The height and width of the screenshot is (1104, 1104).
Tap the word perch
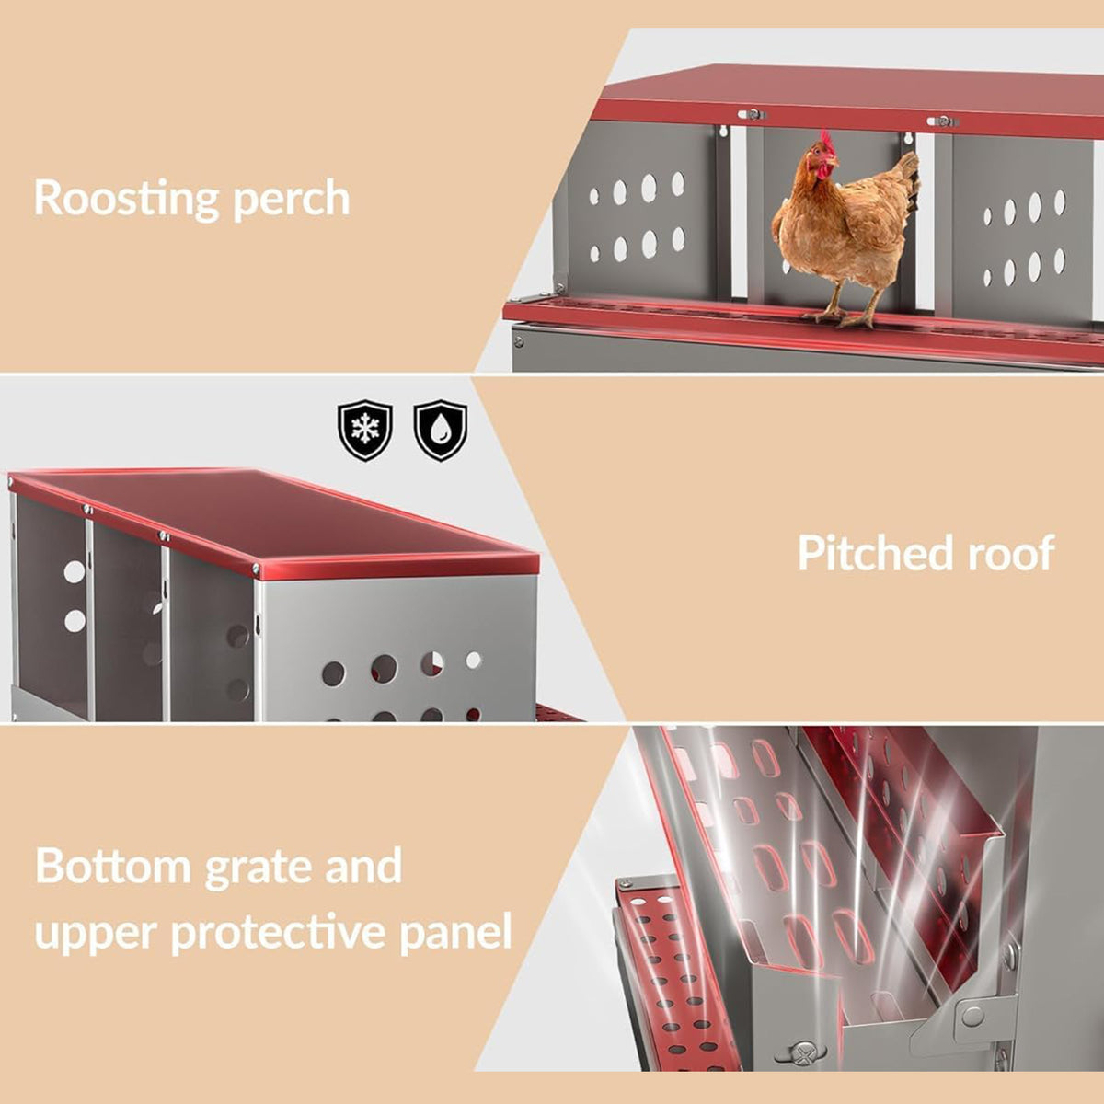point(292,200)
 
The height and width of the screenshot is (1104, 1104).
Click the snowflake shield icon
point(365,430)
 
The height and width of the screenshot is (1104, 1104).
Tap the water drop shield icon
point(440,430)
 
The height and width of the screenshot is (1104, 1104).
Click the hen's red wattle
point(824,172)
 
